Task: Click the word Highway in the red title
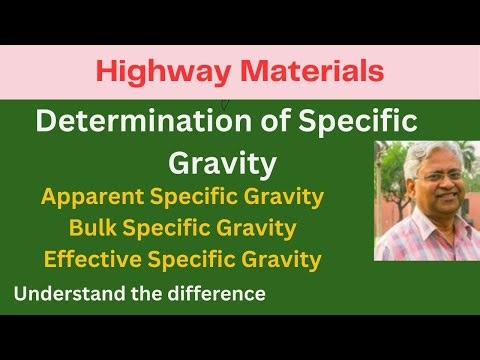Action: (143, 70)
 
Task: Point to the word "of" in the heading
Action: (241, 124)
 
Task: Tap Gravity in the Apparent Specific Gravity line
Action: (283, 196)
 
